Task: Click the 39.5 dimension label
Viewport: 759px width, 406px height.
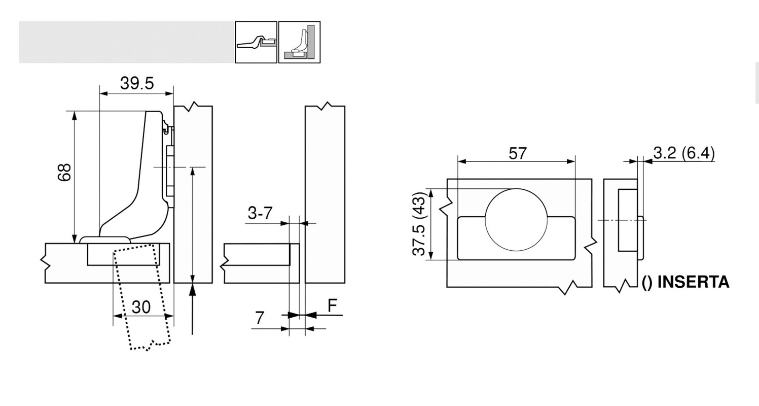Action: [x=137, y=83]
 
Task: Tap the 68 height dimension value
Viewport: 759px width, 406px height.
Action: [x=64, y=173]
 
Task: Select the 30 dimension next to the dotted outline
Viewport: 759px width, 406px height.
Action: [x=141, y=307]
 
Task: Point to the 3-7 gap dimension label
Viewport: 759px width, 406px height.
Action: [x=260, y=213]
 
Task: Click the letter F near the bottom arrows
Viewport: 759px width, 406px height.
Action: [x=333, y=306]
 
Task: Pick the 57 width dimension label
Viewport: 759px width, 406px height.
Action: [x=517, y=153]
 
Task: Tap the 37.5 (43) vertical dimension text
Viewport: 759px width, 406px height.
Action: [x=419, y=224]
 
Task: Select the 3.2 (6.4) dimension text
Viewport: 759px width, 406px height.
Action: [x=684, y=153]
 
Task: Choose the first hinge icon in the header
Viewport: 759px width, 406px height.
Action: [x=256, y=42]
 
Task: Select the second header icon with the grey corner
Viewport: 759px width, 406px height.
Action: [x=299, y=42]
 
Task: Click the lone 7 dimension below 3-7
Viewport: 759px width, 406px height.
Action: [x=259, y=318]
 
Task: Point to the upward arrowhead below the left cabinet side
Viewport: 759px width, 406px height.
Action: [x=193, y=289]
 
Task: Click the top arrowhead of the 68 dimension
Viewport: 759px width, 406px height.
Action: [x=75, y=116]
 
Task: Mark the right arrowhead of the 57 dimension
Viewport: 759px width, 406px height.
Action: [x=570, y=162]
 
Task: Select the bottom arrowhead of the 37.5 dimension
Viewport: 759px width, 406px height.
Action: [x=431, y=255]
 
